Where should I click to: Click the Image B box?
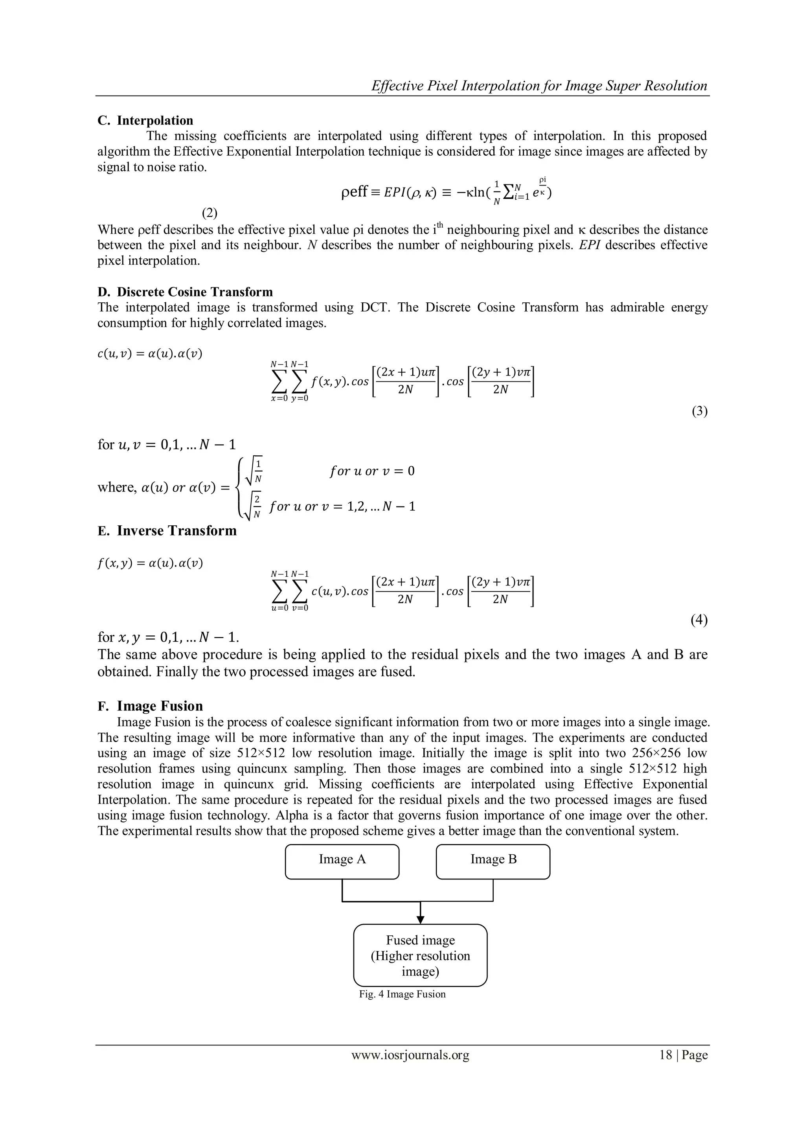tap(493, 862)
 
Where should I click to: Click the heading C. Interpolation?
tap(145, 121)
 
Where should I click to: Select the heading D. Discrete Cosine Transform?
tap(185, 292)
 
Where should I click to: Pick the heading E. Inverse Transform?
tap(167, 531)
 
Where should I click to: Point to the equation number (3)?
tap(699, 411)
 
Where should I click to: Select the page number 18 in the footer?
tap(665, 1069)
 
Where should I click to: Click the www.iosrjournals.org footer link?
tap(410, 1069)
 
